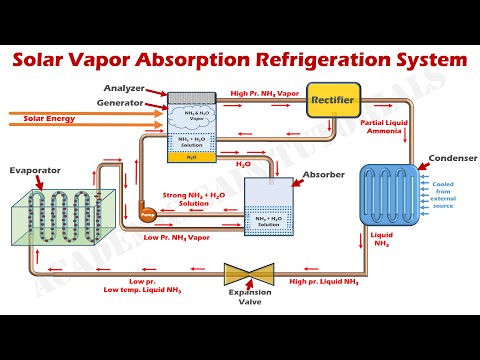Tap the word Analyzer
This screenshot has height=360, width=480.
coord(129,88)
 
